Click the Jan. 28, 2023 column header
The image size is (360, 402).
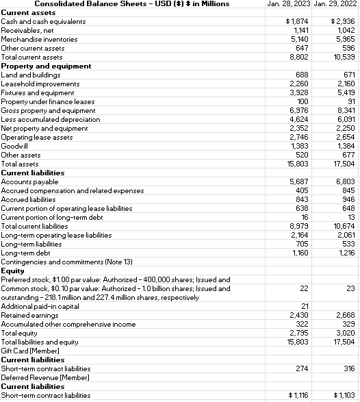pos(290,4)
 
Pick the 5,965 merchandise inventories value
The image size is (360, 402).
pos(345,39)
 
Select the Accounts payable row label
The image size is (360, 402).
pos(25,181)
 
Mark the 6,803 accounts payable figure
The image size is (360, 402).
pos(345,181)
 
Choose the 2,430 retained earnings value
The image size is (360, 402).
pos(300,314)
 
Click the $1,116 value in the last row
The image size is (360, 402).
pos(298,395)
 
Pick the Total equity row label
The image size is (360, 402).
pos(19,332)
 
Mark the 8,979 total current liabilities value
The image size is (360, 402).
pos(300,226)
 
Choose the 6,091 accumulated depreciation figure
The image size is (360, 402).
pos(345,119)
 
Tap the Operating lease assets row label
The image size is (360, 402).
pos(37,137)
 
